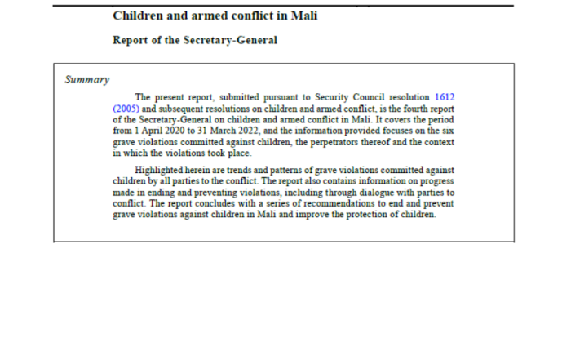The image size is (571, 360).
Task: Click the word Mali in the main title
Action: pyautogui.click(x=302, y=16)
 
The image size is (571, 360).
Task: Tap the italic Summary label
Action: pyautogui.click(x=86, y=80)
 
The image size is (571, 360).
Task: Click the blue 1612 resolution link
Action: pyautogui.click(x=444, y=97)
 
